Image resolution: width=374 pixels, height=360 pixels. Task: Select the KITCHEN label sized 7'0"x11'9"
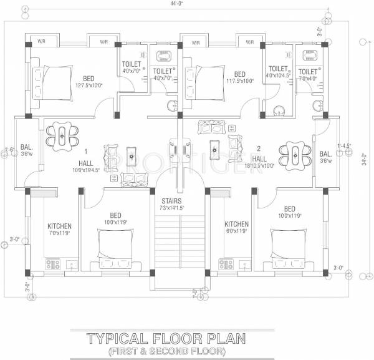60,226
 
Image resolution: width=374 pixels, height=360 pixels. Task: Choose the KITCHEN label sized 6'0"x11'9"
237,224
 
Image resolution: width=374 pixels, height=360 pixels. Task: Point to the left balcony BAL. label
26,147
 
